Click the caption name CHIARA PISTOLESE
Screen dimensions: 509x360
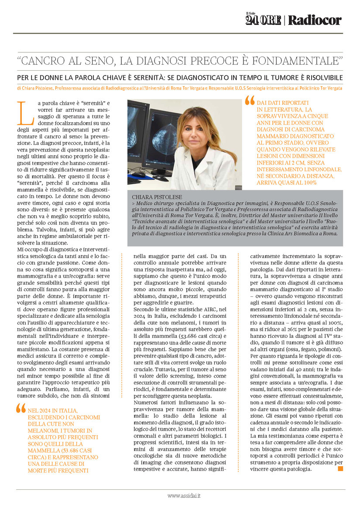pyautogui.click(x=155, y=197)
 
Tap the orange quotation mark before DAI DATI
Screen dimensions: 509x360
pyautogui.click(x=250, y=101)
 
